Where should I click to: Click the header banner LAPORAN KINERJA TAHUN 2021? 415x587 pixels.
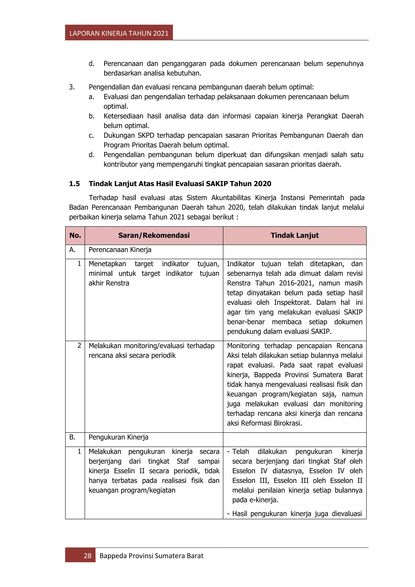119,33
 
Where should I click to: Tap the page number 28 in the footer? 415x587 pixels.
87,556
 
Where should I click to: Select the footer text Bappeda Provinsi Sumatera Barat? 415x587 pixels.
151,556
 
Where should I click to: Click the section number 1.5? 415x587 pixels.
74,184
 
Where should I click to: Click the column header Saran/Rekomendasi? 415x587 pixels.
154,235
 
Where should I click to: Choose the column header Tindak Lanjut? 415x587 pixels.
295,235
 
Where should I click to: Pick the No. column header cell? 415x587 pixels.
75,235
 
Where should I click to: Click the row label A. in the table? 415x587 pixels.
72,250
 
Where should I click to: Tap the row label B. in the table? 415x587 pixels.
72,437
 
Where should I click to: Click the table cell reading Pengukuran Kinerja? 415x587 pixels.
118,437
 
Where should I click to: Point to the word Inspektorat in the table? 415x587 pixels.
292,302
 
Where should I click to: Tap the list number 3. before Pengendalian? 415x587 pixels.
72,87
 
